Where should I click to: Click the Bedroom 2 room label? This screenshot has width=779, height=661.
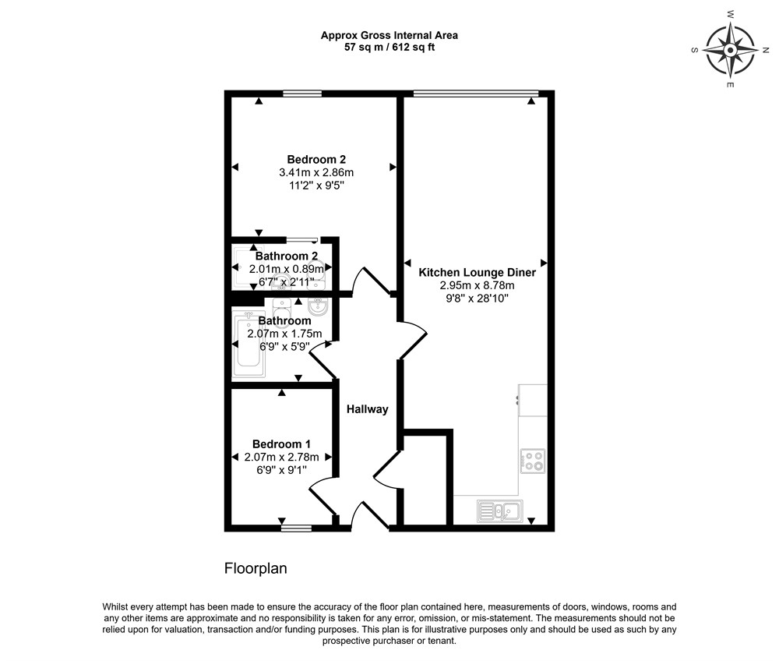tap(316, 160)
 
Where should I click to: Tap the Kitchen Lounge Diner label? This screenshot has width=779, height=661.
tap(477, 272)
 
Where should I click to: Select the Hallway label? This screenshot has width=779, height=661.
tap(367, 409)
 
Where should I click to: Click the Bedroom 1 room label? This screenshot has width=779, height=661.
tap(282, 444)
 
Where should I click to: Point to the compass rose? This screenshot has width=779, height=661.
tap(731, 50)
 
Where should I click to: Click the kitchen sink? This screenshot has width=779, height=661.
tap(500, 511)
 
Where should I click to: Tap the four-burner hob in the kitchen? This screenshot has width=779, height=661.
tap(533, 461)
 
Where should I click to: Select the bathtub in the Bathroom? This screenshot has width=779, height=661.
tap(249, 343)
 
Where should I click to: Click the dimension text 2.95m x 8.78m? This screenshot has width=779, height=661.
tap(477, 285)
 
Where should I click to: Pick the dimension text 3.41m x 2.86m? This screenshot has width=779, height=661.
tap(316, 172)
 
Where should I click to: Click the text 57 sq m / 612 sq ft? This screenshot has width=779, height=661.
tap(389, 48)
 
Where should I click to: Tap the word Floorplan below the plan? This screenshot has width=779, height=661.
tap(256, 568)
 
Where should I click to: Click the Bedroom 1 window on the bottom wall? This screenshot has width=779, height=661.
tap(296, 528)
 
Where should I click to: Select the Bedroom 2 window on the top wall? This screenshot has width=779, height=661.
tap(302, 94)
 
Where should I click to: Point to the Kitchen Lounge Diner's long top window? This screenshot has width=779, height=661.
tap(476, 93)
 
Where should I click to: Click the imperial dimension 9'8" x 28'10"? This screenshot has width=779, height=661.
tap(477, 299)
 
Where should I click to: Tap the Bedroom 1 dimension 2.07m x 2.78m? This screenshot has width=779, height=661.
tap(282, 457)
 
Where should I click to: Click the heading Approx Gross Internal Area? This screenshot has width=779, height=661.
tap(389, 35)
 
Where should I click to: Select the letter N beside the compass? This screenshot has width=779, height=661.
tap(766, 50)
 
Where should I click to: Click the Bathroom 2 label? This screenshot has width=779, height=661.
tap(287, 256)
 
